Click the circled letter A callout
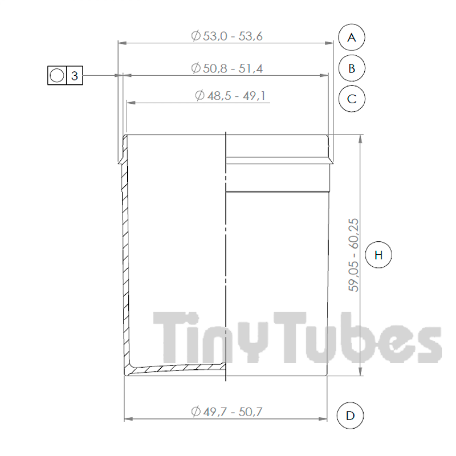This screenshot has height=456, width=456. (x=351, y=37)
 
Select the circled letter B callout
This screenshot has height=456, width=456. (x=351, y=68)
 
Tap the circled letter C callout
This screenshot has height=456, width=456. (x=351, y=99)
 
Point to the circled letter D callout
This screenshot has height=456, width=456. (x=350, y=415)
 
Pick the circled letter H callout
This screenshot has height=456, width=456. (x=378, y=255)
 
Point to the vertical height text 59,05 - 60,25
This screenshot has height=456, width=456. (x=354, y=255)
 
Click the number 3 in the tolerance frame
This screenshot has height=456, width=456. (x=74, y=76)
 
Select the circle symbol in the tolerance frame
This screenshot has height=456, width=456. (x=57, y=76)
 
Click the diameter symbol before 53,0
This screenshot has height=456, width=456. (x=196, y=36)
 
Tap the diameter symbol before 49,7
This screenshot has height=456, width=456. (x=196, y=412)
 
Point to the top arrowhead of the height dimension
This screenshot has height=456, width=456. (x=360, y=138)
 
